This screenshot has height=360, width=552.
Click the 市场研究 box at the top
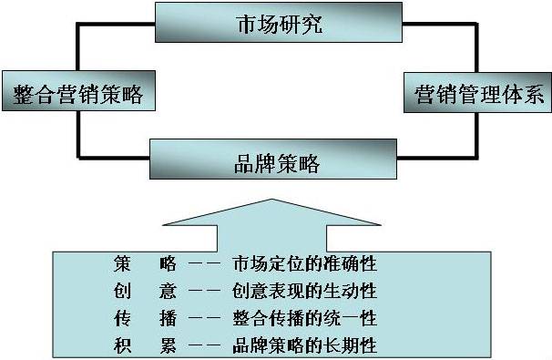tap(277, 24)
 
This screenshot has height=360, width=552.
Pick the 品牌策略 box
tap(277, 163)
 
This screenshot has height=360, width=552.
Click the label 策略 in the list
tap(137, 264)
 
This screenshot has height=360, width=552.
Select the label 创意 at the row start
tap(137, 292)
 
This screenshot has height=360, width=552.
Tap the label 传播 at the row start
tap(137, 318)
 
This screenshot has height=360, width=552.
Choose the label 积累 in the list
tap(137, 345)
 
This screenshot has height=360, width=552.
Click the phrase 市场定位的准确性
tap(305, 264)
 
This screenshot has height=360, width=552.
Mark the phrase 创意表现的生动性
tap(305, 292)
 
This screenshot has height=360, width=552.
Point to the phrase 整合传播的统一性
tap(305, 318)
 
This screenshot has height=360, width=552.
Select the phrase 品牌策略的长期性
tap(305, 345)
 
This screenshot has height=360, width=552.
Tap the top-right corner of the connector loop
tap(475, 25)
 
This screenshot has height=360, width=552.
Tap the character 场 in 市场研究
tap(265, 24)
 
